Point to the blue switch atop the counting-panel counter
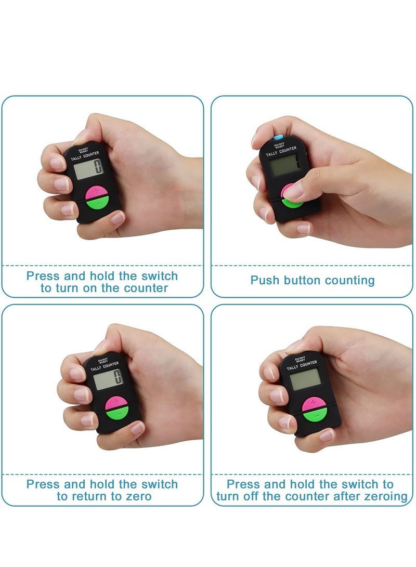[279, 137]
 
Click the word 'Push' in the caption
[266, 281]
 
